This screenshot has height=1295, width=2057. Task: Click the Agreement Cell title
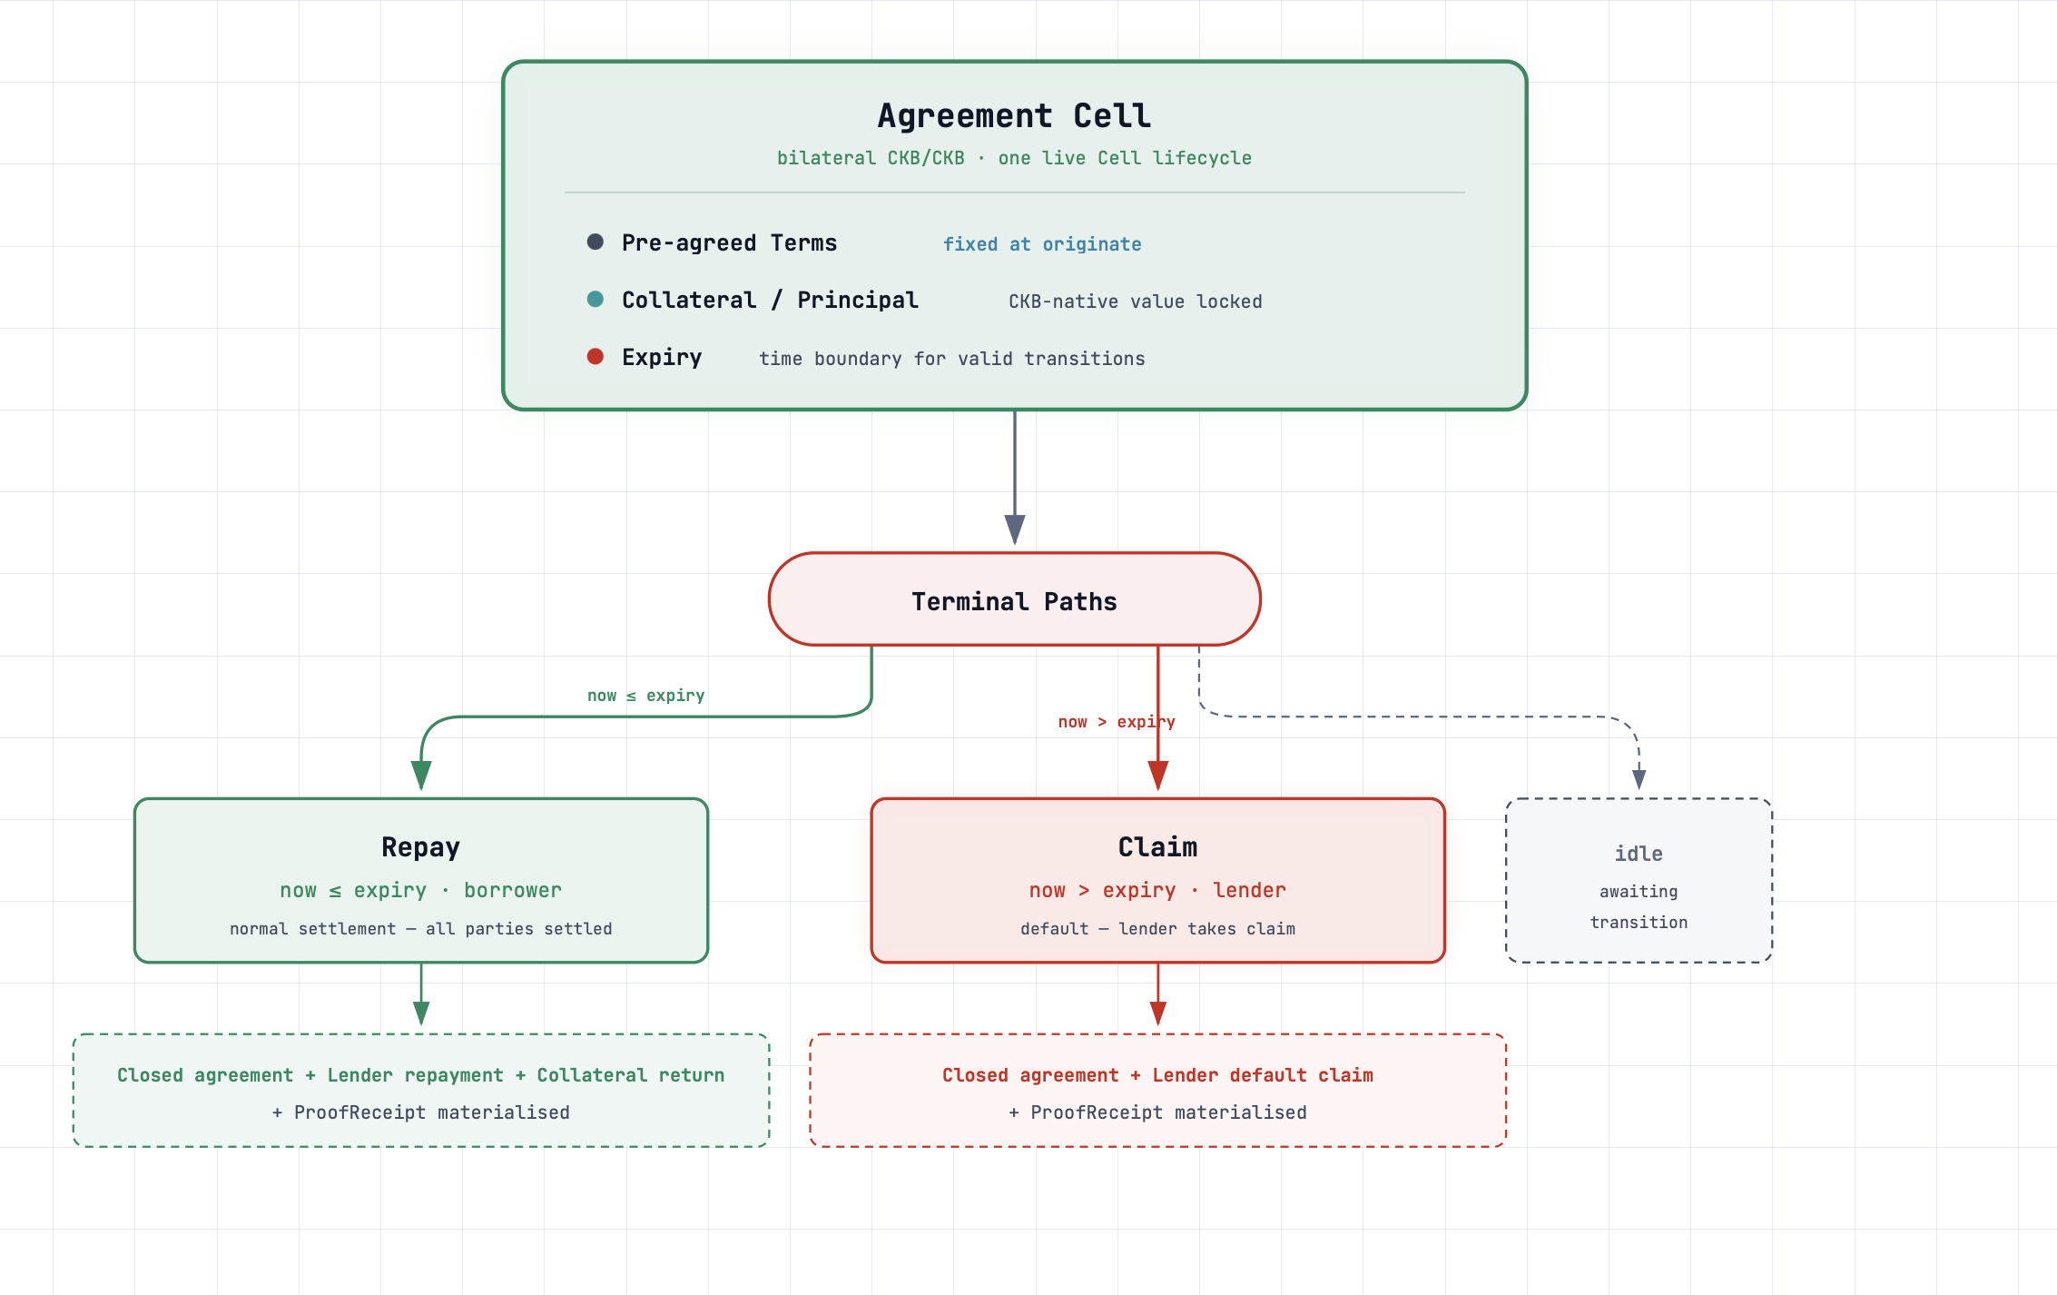[x=1014, y=115]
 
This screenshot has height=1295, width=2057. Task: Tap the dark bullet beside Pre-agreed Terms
[x=595, y=242]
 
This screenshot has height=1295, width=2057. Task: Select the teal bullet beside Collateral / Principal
[x=595, y=299]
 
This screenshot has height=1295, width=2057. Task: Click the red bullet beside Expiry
[x=595, y=356]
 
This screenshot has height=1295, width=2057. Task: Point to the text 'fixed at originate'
[x=1042, y=243]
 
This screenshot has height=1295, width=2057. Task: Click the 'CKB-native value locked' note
[x=1136, y=301]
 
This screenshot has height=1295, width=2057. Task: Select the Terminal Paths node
[x=1014, y=599]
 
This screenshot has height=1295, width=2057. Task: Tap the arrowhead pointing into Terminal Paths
[x=1015, y=529]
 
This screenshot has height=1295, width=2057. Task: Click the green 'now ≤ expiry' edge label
[x=645, y=695]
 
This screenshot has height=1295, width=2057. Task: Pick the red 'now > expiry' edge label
[x=1117, y=721]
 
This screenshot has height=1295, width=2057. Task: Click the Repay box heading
[x=420, y=846]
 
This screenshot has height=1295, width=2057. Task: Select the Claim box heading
[x=1157, y=846]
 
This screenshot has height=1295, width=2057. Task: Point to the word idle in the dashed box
[x=1639, y=853]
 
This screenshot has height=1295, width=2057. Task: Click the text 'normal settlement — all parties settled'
[x=420, y=928]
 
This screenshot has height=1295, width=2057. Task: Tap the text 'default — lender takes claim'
[x=1157, y=928]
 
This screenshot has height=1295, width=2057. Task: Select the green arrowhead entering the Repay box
[x=421, y=775]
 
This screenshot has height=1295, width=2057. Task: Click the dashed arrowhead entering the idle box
[x=1639, y=778]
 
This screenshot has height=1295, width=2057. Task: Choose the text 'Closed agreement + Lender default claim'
[x=1157, y=1074]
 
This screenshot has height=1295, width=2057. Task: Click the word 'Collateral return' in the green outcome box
[x=630, y=1074]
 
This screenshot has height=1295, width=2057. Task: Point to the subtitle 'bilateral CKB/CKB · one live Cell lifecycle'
[x=1014, y=157]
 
